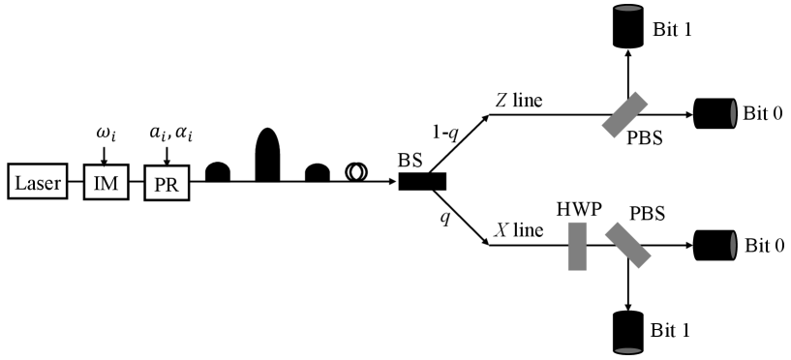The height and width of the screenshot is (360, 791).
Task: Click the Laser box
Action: pyautogui.click(x=35, y=181)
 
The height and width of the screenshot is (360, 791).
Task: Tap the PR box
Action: pyautogui.click(x=167, y=181)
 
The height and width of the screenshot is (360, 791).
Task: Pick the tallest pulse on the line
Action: pyautogui.click(x=266, y=154)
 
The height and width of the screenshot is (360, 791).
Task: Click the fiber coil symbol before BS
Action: pyautogui.click(x=356, y=171)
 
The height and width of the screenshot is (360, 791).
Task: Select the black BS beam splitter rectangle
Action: pyautogui.click(x=421, y=181)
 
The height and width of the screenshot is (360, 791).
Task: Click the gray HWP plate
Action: pyautogui.click(x=577, y=246)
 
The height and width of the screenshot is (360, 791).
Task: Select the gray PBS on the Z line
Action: pyautogui.click(x=626, y=114)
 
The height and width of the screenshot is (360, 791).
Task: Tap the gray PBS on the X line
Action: pyautogui.click(x=626, y=246)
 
